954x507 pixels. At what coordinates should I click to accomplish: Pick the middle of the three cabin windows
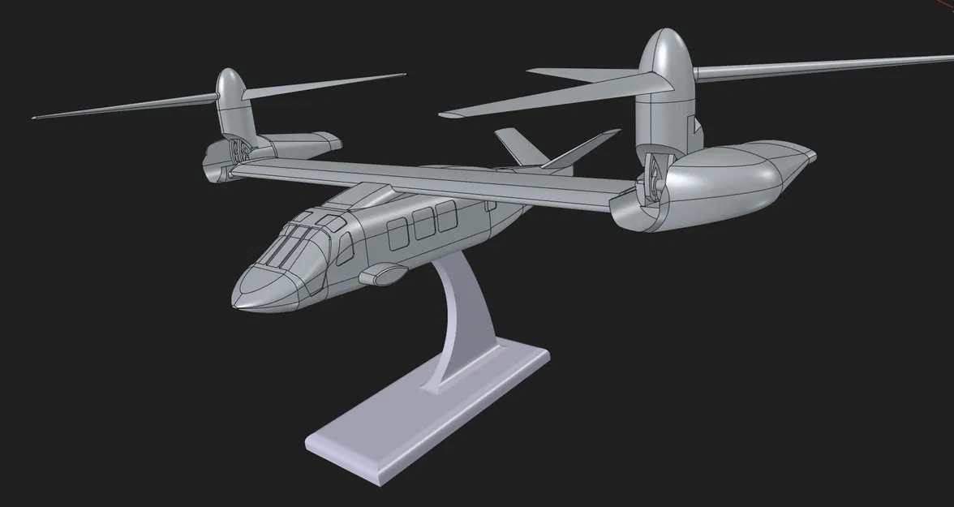(x=424, y=225)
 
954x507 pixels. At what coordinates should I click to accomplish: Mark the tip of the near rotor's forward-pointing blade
(x=443, y=114)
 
